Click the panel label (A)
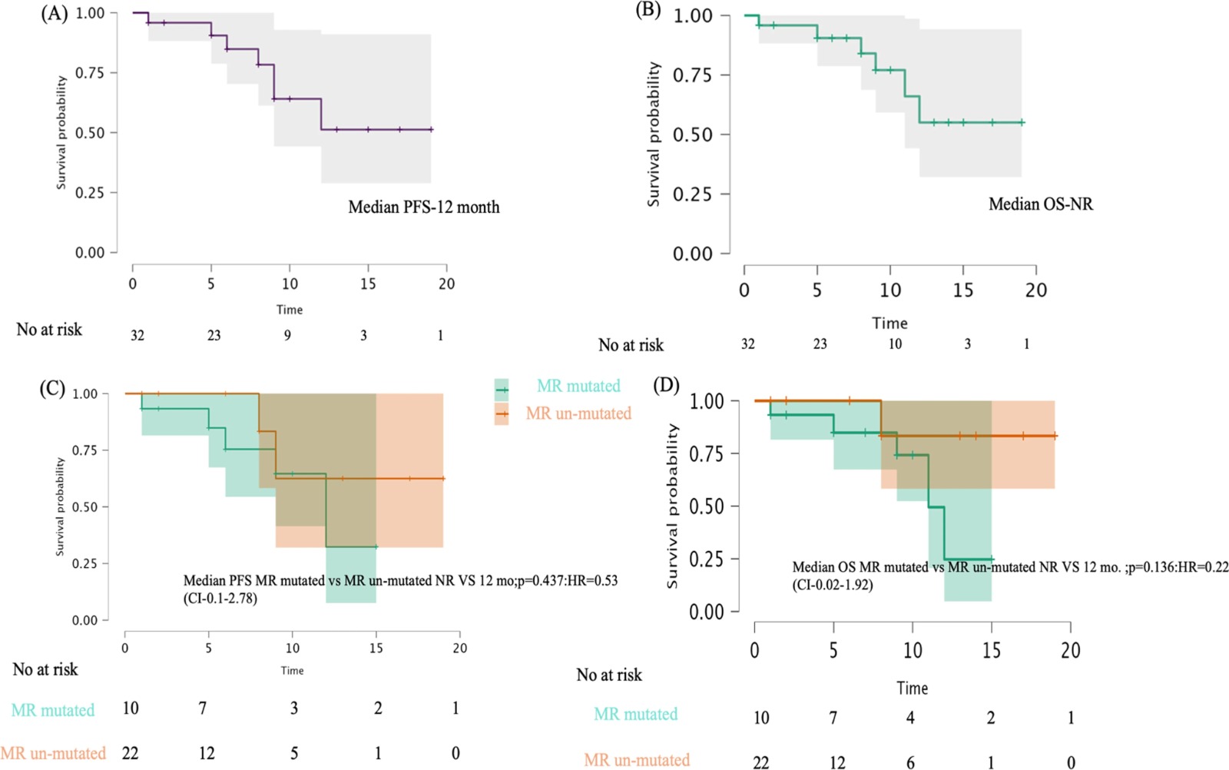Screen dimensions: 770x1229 (55, 14)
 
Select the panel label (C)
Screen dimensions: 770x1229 (52, 389)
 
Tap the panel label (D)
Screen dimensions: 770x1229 (666, 385)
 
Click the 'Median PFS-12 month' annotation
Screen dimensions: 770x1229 (424, 207)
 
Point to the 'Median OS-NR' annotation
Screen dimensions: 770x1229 (1040, 204)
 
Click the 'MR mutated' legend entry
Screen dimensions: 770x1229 (578, 386)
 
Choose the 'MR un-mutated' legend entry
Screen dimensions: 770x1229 (578, 413)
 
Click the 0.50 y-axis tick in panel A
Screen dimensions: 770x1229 (91, 133)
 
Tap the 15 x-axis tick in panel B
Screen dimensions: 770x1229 (962, 290)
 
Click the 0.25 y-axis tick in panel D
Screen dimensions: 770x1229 (707, 559)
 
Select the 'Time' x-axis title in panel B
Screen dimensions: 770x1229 (889, 323)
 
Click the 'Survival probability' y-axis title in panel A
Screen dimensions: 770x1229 (61, 132)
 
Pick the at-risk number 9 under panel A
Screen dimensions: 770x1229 (287, 335)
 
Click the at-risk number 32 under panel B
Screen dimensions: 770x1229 (747, 344)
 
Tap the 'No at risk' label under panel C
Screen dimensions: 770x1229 (45, 669)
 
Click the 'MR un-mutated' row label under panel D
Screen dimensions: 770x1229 (637, 760)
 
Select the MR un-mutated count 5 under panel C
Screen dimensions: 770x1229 (294, 753)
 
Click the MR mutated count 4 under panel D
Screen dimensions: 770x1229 (910, 717)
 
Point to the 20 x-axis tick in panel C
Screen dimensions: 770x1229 (459, 648)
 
